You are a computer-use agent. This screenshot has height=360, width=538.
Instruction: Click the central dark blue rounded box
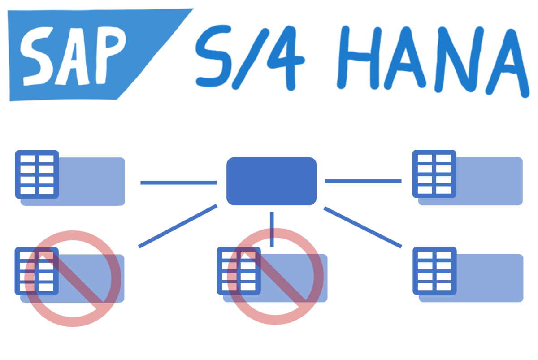[272, 181]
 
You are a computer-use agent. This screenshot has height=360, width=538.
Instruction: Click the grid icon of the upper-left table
[37, 174]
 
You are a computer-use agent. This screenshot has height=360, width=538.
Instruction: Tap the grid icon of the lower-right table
[434, 271]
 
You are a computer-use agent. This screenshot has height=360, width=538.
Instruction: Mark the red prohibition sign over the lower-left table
[73, 278]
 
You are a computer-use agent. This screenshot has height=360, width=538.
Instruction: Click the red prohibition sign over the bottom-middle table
[275, 276]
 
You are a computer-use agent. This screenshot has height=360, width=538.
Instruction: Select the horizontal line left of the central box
[178, 182]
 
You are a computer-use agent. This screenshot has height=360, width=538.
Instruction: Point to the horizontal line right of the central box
[363, 181]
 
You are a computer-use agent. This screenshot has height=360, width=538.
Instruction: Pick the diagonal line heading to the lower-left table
[178, 226]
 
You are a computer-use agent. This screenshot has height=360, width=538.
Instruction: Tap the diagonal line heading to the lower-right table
[362, 227]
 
